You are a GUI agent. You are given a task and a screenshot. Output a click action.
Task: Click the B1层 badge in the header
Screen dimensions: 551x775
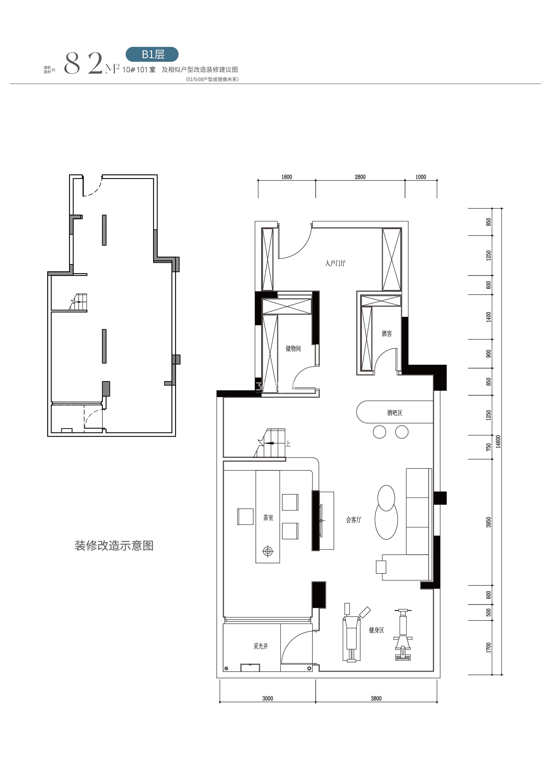click(x=152, y=54)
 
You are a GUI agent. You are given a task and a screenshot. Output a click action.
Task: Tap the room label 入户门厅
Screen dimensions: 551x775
click(x=335, y=263)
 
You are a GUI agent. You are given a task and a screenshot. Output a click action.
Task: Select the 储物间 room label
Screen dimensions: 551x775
click(x=293, y=348)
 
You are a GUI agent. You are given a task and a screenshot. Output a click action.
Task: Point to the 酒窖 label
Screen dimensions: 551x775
click(x=387, y=334)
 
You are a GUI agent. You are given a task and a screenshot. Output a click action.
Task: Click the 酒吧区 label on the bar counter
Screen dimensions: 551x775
click(x=394, y=413)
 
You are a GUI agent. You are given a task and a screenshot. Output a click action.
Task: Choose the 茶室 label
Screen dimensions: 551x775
click(x=268, y=517)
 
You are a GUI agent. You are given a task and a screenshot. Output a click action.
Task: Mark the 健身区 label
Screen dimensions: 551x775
click(x=377, y=630)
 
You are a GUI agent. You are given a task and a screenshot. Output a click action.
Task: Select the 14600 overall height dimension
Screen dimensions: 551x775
click(x=498, y=441)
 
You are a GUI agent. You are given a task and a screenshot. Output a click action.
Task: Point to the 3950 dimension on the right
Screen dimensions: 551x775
click(x=489, y=522)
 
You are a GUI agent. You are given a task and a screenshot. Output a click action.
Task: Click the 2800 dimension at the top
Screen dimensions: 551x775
click(x=360, y=177)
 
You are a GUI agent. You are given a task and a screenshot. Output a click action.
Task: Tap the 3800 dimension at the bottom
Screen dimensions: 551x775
click(x=376, y=698)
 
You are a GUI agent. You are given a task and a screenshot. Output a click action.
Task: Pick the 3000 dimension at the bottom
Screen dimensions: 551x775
click(x=268, y=698)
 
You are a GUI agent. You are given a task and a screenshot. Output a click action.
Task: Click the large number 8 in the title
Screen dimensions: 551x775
click(x=72, y=64)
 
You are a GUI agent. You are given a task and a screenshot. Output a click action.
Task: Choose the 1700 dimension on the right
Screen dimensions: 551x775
click(x=489, y=647)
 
